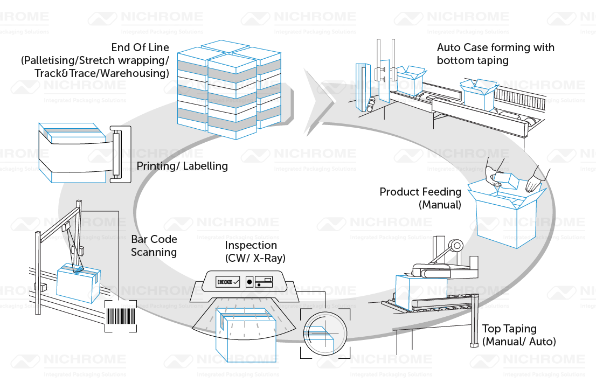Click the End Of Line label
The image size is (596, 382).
(94, 60)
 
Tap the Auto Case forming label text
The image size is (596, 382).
(495, 54)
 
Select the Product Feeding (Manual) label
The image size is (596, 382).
(420, 198)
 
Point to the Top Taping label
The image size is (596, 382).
(518, 335)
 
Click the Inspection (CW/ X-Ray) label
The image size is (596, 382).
(254, 252)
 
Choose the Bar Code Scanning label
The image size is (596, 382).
(154, 245)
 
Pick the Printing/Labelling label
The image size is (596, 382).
(182, 165)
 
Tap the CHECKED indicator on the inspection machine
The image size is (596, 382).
(227, 282)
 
